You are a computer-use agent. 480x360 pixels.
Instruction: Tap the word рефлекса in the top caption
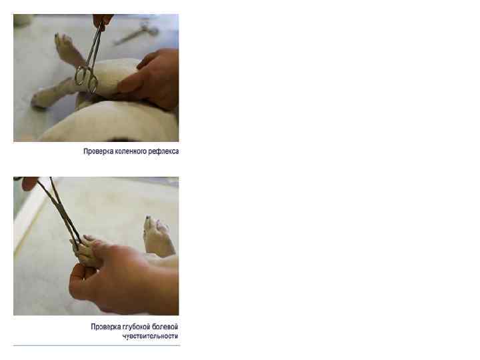pyautogui.click(x=163, y=151)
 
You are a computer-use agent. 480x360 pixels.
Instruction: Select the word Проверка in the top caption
pyautogui.click(x=98, y=151)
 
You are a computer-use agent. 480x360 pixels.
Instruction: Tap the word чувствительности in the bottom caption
pyautogui.click(x=150, y=336)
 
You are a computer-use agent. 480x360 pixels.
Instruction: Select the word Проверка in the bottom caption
pyautogui.click(x=105, y=327)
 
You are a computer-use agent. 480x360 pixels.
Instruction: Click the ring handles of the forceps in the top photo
pyautogui.click(x=86, y=79)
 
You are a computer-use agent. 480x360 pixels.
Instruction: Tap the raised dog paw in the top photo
pyautogui.click(x=66, y=49)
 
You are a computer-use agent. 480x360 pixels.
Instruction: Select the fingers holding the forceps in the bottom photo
pyautogui.click(x=29, y=183)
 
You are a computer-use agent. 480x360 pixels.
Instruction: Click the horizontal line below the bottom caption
pyautogui.click(x=97, y=345)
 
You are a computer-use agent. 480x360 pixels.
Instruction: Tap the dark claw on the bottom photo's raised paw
pyautogui.click(x=149, y=218)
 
